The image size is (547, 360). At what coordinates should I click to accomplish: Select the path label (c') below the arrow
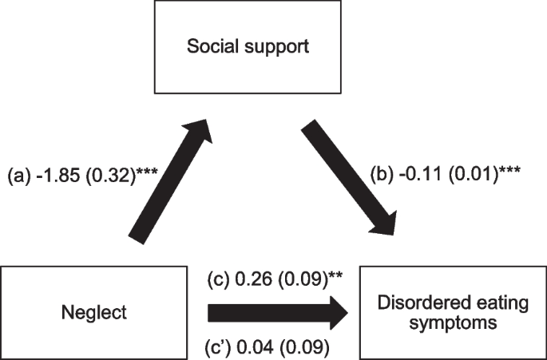click(x=220, y=347)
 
